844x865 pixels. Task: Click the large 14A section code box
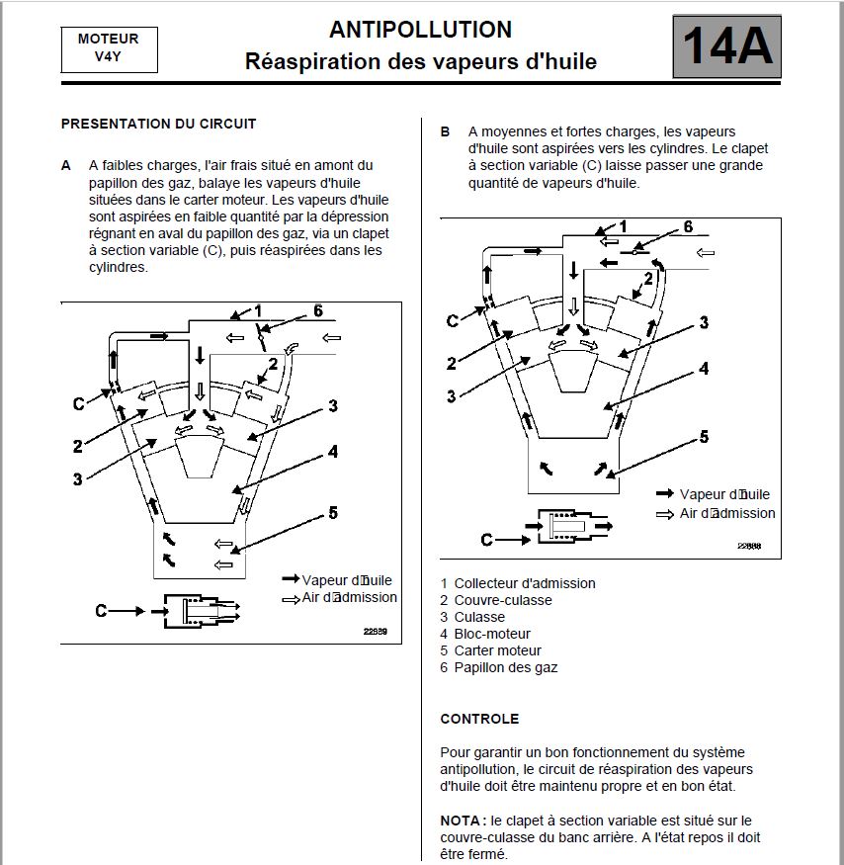point(726,46)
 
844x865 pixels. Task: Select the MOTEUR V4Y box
point(109,47)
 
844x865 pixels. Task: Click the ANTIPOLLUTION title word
point(420,30)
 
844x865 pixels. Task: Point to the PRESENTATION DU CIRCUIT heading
point(158,124)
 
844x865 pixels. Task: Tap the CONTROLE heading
point(479,719)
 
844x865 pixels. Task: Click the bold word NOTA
point(461,821)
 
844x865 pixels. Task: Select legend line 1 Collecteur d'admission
point(518,583)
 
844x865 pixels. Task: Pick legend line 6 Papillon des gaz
point(498,667)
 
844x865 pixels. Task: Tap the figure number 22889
point(375,631)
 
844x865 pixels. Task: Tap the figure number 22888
point(749,546)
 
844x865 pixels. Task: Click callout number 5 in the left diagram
point(333,512)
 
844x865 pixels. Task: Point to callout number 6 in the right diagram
point(688,227)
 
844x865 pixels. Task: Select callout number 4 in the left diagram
point(333,451)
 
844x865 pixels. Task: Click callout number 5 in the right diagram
point(704,436)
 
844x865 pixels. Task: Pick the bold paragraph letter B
point(445,131)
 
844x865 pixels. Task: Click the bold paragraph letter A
point(66,165)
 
